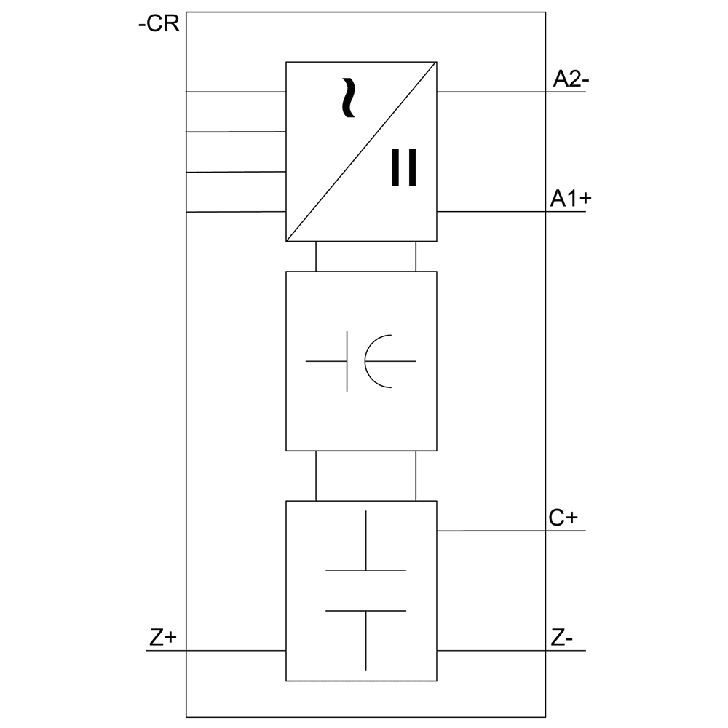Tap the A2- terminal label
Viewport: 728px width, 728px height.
click(570, 79)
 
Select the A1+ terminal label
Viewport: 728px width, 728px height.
click(570, 199)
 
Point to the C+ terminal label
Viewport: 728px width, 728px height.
click(563, 518)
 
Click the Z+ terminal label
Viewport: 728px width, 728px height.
click(163, 638)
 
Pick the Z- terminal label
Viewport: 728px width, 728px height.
click(562, 638)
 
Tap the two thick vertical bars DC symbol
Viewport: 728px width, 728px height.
click(404, 167)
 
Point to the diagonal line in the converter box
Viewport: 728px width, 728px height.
click(362, 151)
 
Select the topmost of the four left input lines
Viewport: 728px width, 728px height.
click(235, 92)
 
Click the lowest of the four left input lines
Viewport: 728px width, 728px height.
click(235, 212)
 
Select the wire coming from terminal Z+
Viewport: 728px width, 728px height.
click(218, 650)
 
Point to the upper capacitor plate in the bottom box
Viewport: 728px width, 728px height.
click(365, 571)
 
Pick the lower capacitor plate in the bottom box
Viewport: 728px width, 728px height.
click(365, 610)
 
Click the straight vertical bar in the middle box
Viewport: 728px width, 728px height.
click(347, 360)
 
